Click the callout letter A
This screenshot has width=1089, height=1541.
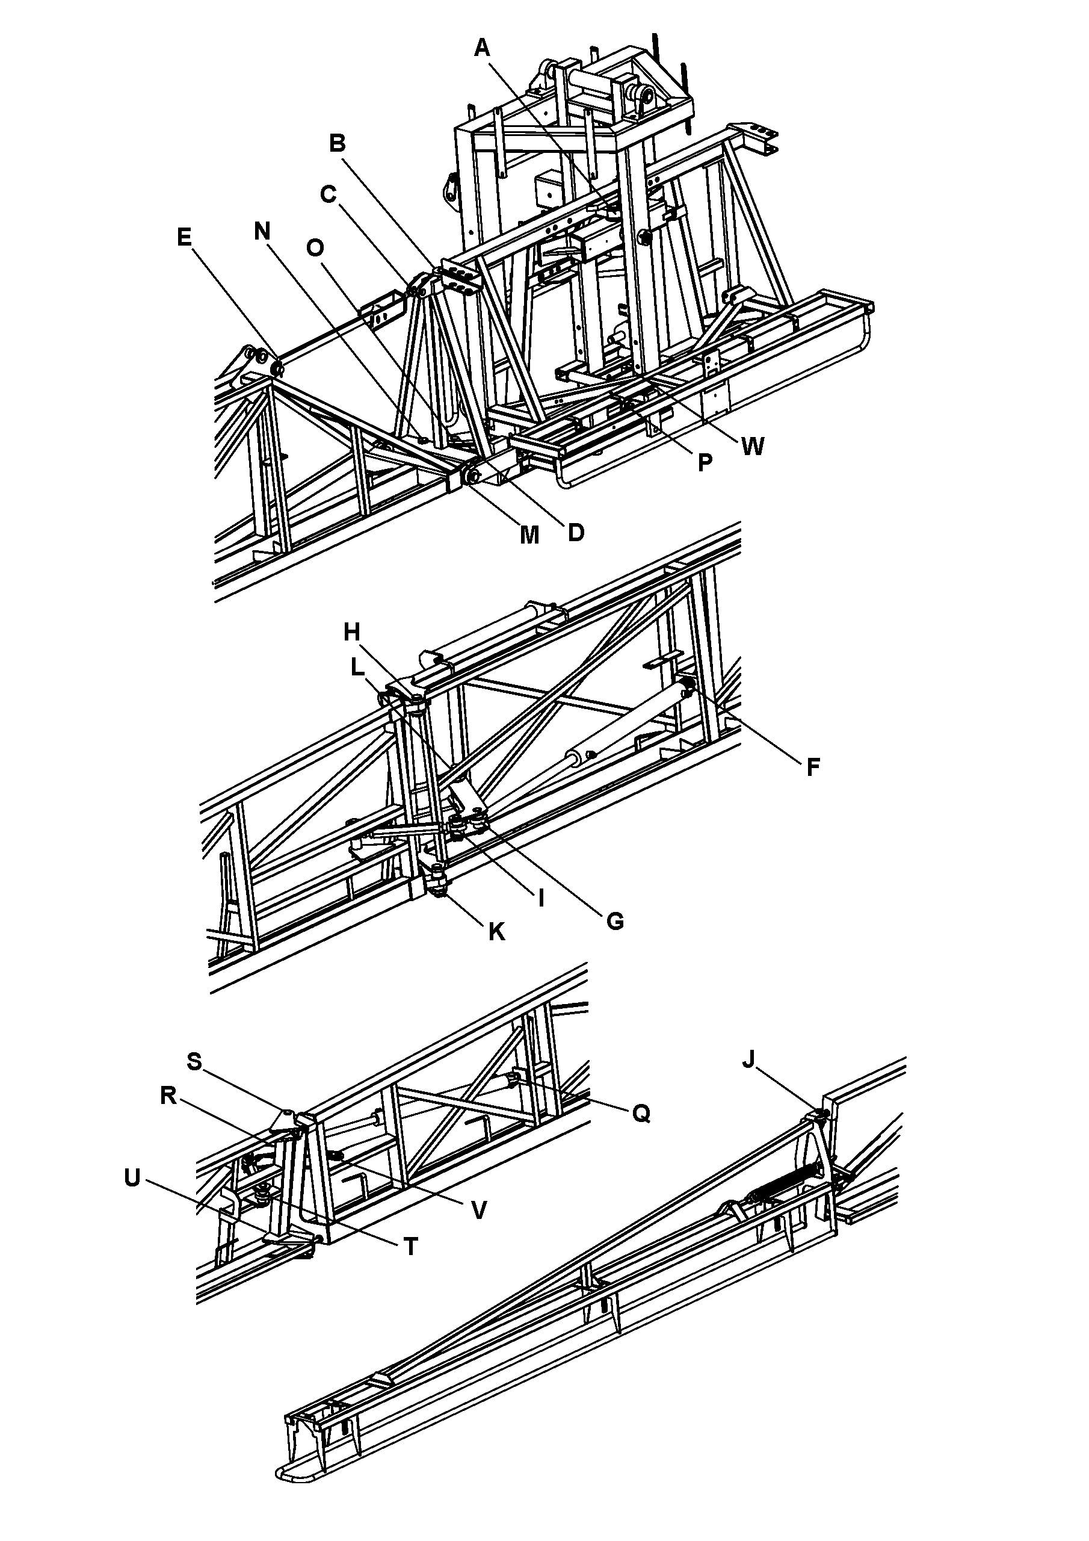(483, 48)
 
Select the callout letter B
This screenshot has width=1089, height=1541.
(338, 143)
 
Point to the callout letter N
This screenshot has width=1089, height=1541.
(262, 232)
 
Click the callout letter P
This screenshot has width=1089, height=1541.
(705, 462)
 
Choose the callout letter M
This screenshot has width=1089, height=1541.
(529, 535)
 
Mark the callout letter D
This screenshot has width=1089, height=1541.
(576, 532)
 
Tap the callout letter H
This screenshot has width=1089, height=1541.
(352, 631)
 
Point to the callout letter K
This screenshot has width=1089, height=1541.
(496, 932)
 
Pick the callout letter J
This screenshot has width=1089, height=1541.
(749, 1060)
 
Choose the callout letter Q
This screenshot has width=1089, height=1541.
(641, 1114)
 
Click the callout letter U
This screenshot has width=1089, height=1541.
(132, 1178)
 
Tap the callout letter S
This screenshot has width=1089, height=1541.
(194, 1061)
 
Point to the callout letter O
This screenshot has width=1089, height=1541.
(315, 249)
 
